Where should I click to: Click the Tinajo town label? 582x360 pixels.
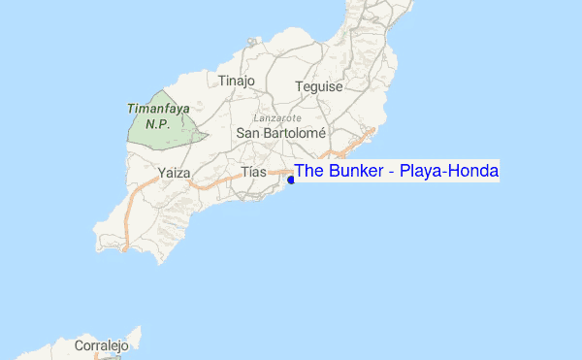tap(237, 82)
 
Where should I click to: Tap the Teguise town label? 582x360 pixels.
tap(319, 86)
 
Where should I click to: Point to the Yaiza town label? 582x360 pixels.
tap(172, 174)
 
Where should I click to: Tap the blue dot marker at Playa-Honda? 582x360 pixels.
tap(291, 180)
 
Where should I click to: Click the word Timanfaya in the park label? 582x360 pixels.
tap(158, 110)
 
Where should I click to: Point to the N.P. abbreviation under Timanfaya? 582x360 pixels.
tap(158, 124)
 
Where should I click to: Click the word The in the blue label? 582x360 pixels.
tap(309, 172)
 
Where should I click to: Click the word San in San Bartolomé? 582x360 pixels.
tap(248, 132)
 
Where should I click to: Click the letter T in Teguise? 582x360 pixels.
tap(299, 86)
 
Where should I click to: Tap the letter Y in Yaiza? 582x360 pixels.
tap(159, 174)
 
